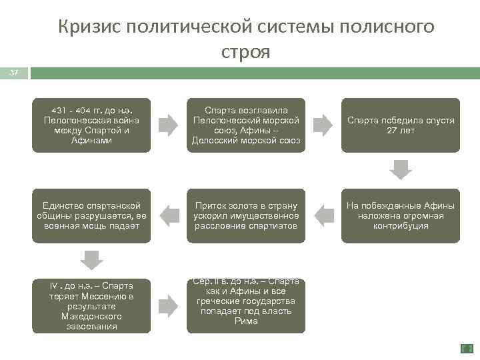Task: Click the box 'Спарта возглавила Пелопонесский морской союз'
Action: tap(246, 125)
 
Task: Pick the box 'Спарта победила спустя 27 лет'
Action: tap(400, 125)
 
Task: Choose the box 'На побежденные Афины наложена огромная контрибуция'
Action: tap(400, 215)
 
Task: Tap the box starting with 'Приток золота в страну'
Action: tap(246, 215)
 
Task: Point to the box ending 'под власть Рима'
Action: tap(246, 305)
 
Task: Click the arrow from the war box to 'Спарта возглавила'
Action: tap(169, 125)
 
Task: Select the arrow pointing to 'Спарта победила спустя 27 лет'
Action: tap(323, 125)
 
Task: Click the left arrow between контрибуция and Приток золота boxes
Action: tap(323, 215)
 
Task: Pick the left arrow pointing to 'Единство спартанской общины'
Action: tap(169, 215)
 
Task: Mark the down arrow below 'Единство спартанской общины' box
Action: tap(91, 259)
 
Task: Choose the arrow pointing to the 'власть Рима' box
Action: tap(169, 305)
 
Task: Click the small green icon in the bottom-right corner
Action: tap(467, 348)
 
